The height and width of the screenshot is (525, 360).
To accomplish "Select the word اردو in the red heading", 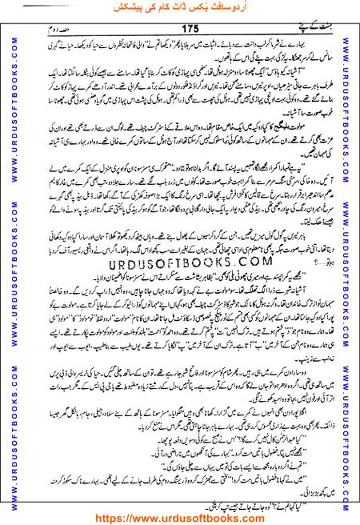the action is (x=238, y=10).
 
